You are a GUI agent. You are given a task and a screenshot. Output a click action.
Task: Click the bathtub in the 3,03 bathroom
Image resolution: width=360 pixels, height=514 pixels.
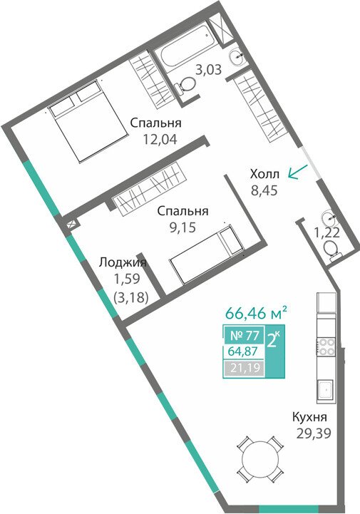coord(185,50)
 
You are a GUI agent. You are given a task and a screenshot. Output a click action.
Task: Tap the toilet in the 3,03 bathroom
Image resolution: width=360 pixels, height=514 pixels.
coord(184,86)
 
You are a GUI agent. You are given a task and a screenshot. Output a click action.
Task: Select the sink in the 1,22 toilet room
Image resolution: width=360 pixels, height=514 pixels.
coord(329,217)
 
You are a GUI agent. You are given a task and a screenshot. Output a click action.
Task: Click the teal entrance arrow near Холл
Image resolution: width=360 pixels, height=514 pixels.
coord(298,172)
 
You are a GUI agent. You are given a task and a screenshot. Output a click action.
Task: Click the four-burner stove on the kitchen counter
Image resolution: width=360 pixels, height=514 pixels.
coord(326,346)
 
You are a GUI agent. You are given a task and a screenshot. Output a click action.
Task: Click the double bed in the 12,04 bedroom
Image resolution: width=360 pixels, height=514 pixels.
coord(87,121)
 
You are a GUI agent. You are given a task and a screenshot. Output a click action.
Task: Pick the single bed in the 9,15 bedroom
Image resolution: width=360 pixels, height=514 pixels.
coord(207,253)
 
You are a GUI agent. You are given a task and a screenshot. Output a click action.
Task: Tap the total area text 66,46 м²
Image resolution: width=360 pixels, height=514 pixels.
coord(257,313)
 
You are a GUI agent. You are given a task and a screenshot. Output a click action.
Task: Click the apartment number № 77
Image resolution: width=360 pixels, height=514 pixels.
coord(245,336)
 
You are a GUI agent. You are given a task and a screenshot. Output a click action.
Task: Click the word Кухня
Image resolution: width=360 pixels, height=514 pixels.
coord(309,418)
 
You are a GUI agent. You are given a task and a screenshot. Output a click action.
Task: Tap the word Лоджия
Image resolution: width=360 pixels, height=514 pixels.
coord(123,262)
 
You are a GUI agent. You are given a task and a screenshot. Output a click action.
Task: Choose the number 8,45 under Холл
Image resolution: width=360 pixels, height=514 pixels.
coord(264,190)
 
